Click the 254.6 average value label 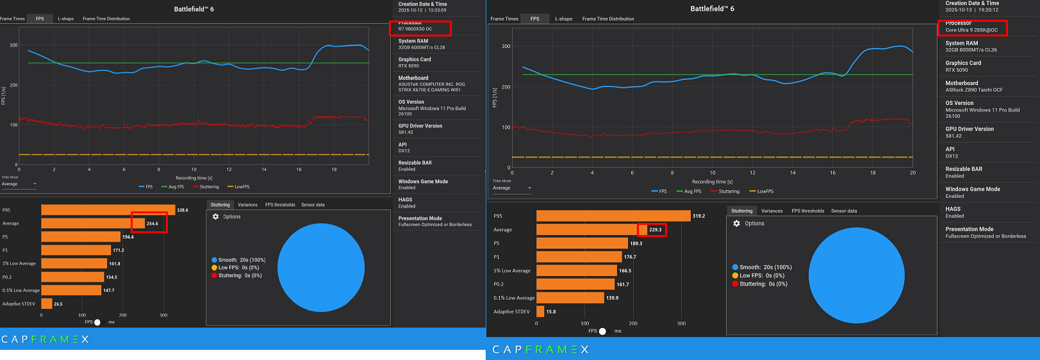[x=153, y=224]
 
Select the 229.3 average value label [x=655, y=229]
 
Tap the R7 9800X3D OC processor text [x=415, y=29]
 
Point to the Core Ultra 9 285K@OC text [x=971, y=30]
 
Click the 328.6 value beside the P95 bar [x=183, y=210]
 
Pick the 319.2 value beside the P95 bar [x=698, y=216]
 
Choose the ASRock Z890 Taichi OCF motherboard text [x=974, y=90]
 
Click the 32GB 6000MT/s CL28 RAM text [x=422, y=47]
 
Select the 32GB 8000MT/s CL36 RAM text [x=971, y=50]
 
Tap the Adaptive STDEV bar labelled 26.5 [x=47, y=304]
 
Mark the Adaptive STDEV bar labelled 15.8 [x=540, y=311]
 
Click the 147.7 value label [x=109, y=290]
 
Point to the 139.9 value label [x=612, y=298]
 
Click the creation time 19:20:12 [x=987, y=10]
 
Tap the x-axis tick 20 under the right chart [x=912, y=173]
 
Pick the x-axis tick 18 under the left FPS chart [x=334, y=170]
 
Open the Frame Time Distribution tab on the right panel [x=607, y=19]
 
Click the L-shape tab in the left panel [x=65, y=19]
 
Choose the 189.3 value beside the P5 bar [x=636, y=243]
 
